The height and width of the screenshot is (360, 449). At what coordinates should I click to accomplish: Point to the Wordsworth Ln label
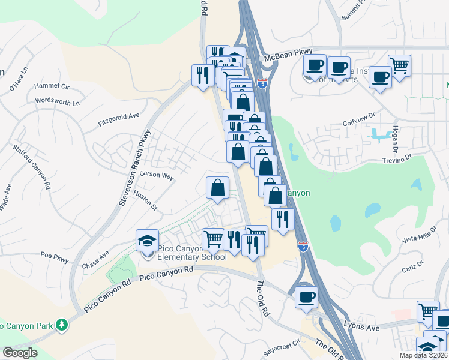pos(58,101)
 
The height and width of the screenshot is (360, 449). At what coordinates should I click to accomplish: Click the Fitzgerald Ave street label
pos(119,119)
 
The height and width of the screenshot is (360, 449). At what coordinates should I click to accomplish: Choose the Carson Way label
pos(156,176)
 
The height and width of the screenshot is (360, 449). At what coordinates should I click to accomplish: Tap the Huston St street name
pos(145,200)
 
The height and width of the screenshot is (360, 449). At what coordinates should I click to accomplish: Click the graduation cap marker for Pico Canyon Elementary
pos(148,241)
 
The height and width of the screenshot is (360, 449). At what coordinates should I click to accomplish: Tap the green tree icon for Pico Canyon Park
pos(61,325)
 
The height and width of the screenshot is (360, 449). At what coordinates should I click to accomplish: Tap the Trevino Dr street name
pos(399,158)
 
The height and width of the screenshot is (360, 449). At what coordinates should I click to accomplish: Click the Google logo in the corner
pos(19,352)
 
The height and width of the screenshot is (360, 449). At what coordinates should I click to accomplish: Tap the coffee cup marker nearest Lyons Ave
pos(306,298)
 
